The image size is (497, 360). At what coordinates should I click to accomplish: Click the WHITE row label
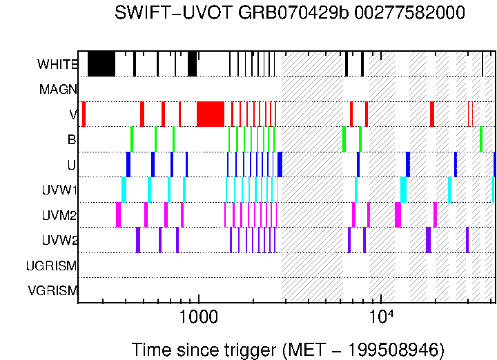click(57, 64)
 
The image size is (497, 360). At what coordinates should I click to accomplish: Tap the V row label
click(72, 114)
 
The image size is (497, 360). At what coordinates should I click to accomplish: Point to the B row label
click(71, 139)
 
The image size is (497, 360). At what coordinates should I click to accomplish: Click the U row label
click(71, 166)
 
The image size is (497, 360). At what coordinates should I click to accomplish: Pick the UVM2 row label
click(59, 215)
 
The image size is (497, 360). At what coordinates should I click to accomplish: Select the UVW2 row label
click(59, 240)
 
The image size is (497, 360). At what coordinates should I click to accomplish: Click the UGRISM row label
click(51, 266)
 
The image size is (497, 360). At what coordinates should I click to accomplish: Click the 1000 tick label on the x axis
click(199, 319)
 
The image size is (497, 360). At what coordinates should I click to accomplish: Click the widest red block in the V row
click(211, 114)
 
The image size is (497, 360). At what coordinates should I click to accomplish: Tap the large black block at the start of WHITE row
click(101, 63)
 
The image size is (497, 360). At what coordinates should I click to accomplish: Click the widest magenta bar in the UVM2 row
click(398, 214)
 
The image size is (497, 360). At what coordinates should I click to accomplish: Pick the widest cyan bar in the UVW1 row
click(403, 189)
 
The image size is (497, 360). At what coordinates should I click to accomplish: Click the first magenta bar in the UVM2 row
click(118, 214)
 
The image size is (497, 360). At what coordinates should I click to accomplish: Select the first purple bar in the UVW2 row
click(138, 240)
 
